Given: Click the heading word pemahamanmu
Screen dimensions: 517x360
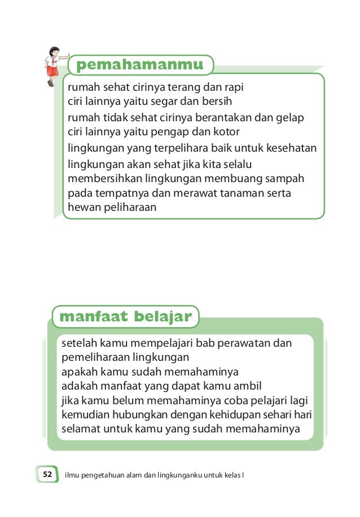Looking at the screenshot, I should point(140,65).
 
